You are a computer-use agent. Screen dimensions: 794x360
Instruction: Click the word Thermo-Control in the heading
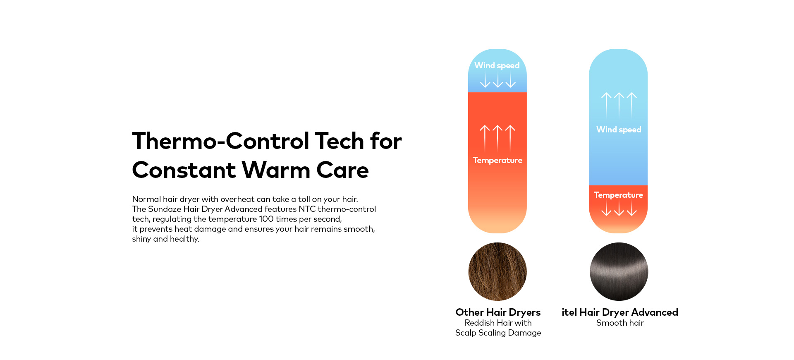(x=221, y=141)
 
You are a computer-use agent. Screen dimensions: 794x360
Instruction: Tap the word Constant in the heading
(x=184, y=170)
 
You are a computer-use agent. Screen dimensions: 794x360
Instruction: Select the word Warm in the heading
(x=276, y=170)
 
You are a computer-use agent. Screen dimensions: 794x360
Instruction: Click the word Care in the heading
(x=342, y=170)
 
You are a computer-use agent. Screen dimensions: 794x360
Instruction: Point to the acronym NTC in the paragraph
(x=307, y=209)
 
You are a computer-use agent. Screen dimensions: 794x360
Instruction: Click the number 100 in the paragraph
(x=266, y=219)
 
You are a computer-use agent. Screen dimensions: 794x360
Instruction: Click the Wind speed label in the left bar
(x=497, y=66)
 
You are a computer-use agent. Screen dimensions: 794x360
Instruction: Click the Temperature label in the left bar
(x=497, y=161)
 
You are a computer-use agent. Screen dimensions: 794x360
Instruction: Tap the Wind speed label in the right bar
(x=619, y=130)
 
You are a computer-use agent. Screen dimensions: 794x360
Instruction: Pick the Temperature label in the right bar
(x=619, y=195)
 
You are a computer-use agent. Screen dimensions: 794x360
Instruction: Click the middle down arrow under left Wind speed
(x=498, y=79)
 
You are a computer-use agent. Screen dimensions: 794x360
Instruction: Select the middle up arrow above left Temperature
(x=497, y=138)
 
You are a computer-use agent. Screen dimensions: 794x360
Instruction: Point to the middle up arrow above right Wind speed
(x=619, y=105)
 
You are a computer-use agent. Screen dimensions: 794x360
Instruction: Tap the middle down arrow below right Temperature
(x=619, y=208)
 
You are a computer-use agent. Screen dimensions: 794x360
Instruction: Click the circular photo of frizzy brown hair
(x=497, y=271)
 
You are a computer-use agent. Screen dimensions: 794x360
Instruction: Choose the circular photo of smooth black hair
(x=619, y=271)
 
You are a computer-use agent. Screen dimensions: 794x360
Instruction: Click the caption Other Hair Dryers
(x=498, y=312)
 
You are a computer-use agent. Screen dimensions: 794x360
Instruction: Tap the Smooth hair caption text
(x=620, y=323)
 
